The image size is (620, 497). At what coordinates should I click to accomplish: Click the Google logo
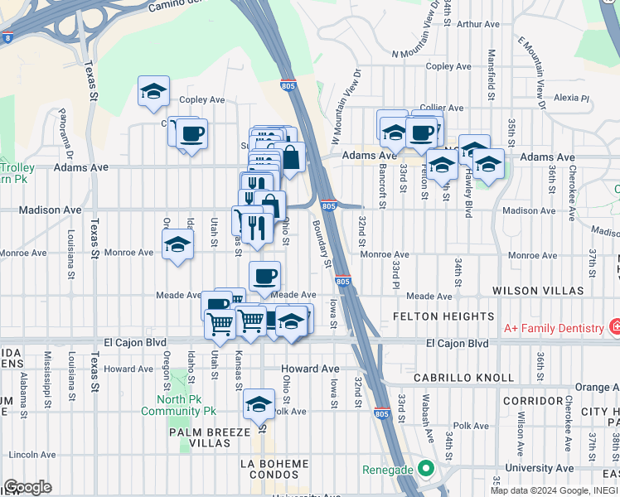point(27,487)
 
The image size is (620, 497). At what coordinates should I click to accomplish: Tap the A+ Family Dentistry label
point(555,328)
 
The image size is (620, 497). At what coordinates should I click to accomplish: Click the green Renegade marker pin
point(426,469)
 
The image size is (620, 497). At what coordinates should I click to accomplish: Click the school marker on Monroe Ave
point(177,245)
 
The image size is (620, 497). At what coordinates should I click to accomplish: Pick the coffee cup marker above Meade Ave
point(264,276)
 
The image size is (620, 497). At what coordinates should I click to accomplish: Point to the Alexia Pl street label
point(571,98)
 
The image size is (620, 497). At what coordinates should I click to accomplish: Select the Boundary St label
point(322,242)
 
